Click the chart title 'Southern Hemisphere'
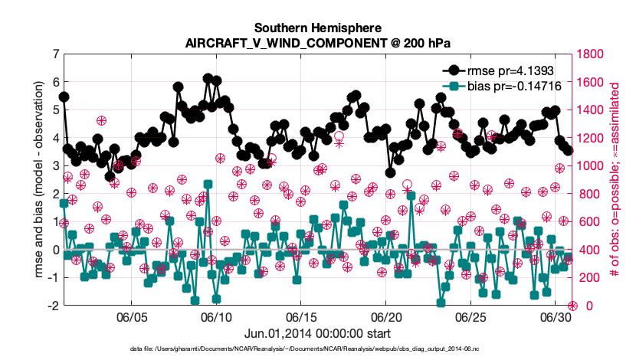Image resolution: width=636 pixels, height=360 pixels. pyautogui.click(x=317, y=28)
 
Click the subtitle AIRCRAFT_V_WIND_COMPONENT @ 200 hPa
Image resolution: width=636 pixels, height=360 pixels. pyautogui.click(x=317, y=43)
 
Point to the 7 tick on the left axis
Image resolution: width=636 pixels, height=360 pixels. pyautogui.click(x=55, y=54)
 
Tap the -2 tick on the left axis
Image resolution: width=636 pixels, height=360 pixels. pyautogui.click(x=53, y=306)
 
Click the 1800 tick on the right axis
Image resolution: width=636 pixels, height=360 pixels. pyautogui.click(x=590, y=54)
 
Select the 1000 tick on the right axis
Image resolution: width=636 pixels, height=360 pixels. pyautogui.click(x=590, y=165)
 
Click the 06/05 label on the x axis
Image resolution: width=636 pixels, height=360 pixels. pyautogui.click(x=132, y=317)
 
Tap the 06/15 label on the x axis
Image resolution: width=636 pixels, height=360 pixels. pyautogui.click(x=301, y=317)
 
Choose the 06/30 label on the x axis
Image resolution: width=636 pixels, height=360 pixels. pyautogui.click(x=555, y=317)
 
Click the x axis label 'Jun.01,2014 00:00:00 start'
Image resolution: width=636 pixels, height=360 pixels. pyautogui.click(x=317, y=334)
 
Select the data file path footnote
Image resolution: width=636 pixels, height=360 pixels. pyautogui.click(x=304, y=349)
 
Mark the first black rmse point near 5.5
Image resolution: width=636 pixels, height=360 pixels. pyautogui.click(x=64, y=97)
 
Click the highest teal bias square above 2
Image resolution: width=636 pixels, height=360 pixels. pyautogui.click(x=208, y=185)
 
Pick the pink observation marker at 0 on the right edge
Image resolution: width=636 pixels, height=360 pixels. pyautogui.click(x=572, y=306)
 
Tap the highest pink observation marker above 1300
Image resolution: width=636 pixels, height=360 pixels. pyautogui.click(x=101, y=120)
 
